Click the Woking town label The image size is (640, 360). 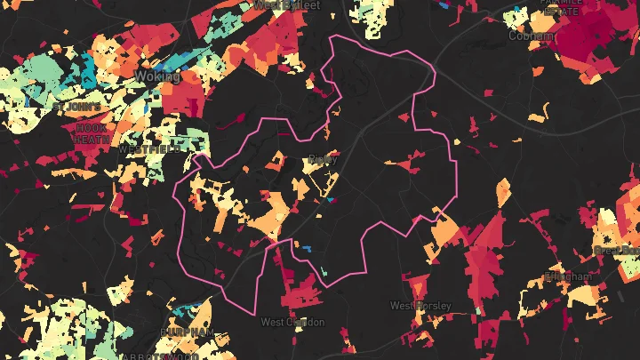[x=157, y=77]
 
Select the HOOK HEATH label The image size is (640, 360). [x=92, y=133]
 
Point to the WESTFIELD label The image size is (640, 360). [x=148, y=150]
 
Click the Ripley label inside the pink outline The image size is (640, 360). [x=318, y=160]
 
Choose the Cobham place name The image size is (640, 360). [x=531, y=36]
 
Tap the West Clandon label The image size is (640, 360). [x=292, y=322]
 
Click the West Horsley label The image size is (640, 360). [x=420, y=306]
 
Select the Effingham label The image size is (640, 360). [x=567, y=277]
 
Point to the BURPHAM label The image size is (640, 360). [x=187, y=332]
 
